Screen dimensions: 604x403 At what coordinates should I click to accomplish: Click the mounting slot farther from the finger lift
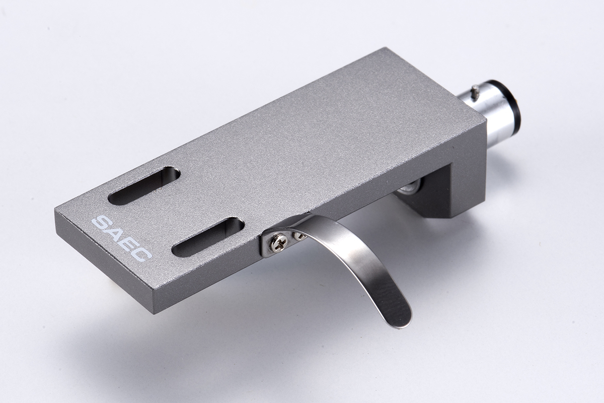click(x=144, y=186)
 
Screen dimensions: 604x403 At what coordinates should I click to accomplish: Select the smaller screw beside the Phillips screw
click(x=299, y=236)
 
